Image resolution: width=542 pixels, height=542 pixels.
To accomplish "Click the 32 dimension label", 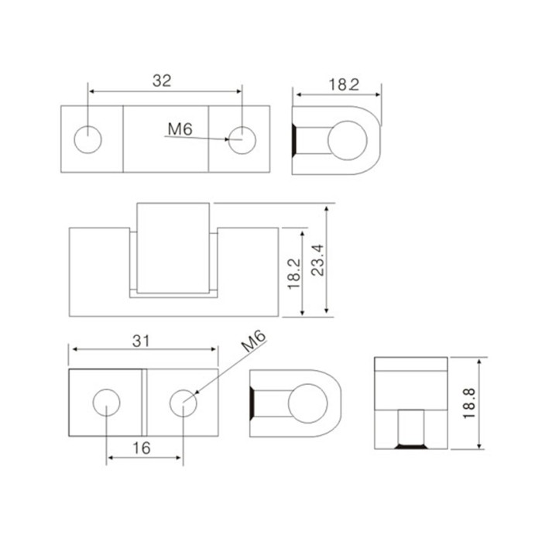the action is click(162, 81).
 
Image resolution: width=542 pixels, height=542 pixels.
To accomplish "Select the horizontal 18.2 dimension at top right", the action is click(344, 84).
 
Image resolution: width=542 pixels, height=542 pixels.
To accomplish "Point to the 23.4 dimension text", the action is click(318, 260).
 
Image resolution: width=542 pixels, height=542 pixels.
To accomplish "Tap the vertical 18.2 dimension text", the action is click(294, 274).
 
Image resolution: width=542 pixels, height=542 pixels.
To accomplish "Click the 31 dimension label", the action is click(142, 341).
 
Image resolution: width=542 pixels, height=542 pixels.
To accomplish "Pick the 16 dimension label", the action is click(142, 448).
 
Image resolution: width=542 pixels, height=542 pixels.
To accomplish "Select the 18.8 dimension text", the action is click(469, 403).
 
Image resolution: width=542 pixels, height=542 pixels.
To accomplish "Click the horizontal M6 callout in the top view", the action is click(180, 129).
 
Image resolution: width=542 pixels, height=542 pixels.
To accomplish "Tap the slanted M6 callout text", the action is click(254, 341).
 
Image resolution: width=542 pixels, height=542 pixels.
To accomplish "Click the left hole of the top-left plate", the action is click(87, 139).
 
